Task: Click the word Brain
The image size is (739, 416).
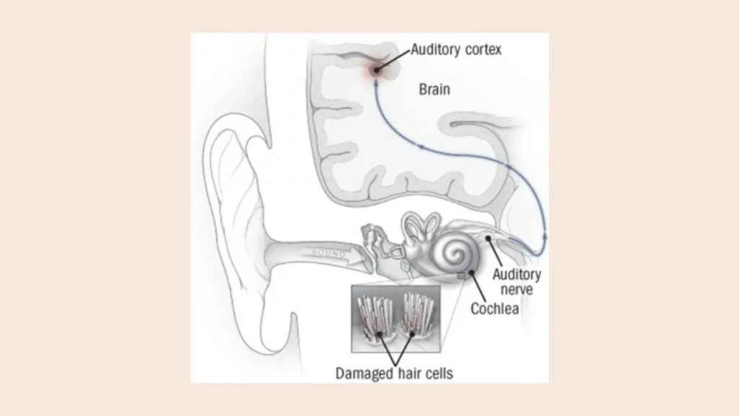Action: pyautogui.click(x=434, y=90)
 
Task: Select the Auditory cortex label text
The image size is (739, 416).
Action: pyautogui.click(x=455, y=50)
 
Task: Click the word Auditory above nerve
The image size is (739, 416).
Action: pyautogui.click(x=516, y=274)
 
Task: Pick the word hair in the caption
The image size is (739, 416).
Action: pyautogui.click(x=405, y=373)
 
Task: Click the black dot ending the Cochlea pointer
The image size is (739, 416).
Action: pyautogui.click(x=471, y=273)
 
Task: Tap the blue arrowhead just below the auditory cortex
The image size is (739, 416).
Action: pyautogui.click(x=377, y=85)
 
